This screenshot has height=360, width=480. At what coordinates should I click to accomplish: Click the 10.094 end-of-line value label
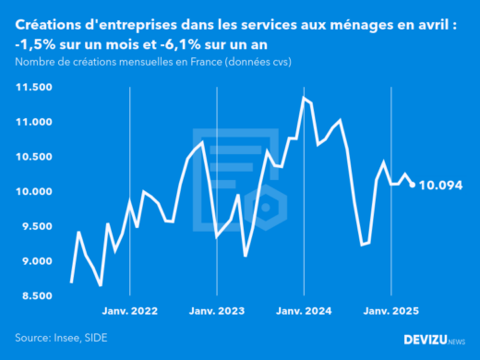tap(440, 186)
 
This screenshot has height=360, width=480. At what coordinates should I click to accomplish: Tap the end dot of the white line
tap(413, 185)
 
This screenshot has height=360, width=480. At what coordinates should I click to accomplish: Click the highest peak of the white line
tap(304, 97)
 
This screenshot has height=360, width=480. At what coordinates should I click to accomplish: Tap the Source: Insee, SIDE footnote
tap(59, 338)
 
